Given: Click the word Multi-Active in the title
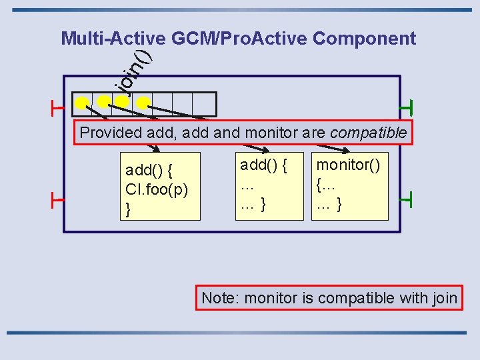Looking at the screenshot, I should (x=114, y=39).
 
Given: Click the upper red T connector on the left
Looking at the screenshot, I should (x=56, y=107).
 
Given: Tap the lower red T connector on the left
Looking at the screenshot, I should (x=56, y=199).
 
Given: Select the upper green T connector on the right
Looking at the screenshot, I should (x=407, y=107).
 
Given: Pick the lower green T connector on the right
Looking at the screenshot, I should (x=407, y=199).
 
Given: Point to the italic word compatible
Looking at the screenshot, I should (x=368, y=133).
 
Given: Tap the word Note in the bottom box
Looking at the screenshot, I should (x=219, y=298).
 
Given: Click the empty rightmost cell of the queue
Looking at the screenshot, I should (x=205, y=104).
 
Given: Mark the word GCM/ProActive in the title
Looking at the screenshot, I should (x=239, y=39).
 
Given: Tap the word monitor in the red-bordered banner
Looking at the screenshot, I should (x=271, y=133).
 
